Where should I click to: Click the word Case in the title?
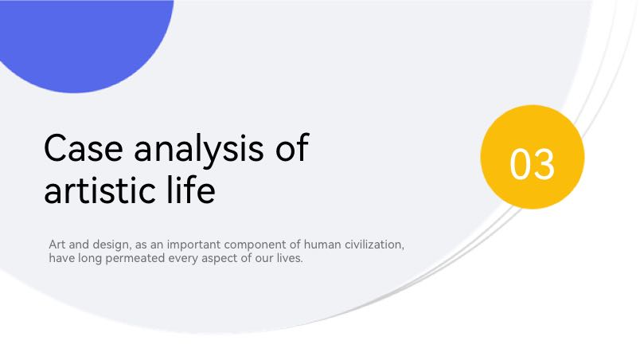[x=84, y=148]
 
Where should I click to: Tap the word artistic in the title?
[x=100, y=190]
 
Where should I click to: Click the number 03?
[x=533, y=164]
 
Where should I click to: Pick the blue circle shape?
[x=82, y=41]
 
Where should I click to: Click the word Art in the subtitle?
[x=57, y=245]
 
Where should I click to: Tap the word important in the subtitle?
[x=193, y=245]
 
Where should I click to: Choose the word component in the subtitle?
[x=255, y=245]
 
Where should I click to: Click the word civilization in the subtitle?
[x=374, y=245]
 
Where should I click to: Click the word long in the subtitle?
[x=90, y=259]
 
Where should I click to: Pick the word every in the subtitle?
[x=183, y=259]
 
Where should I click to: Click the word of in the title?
[x=292, y=147]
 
